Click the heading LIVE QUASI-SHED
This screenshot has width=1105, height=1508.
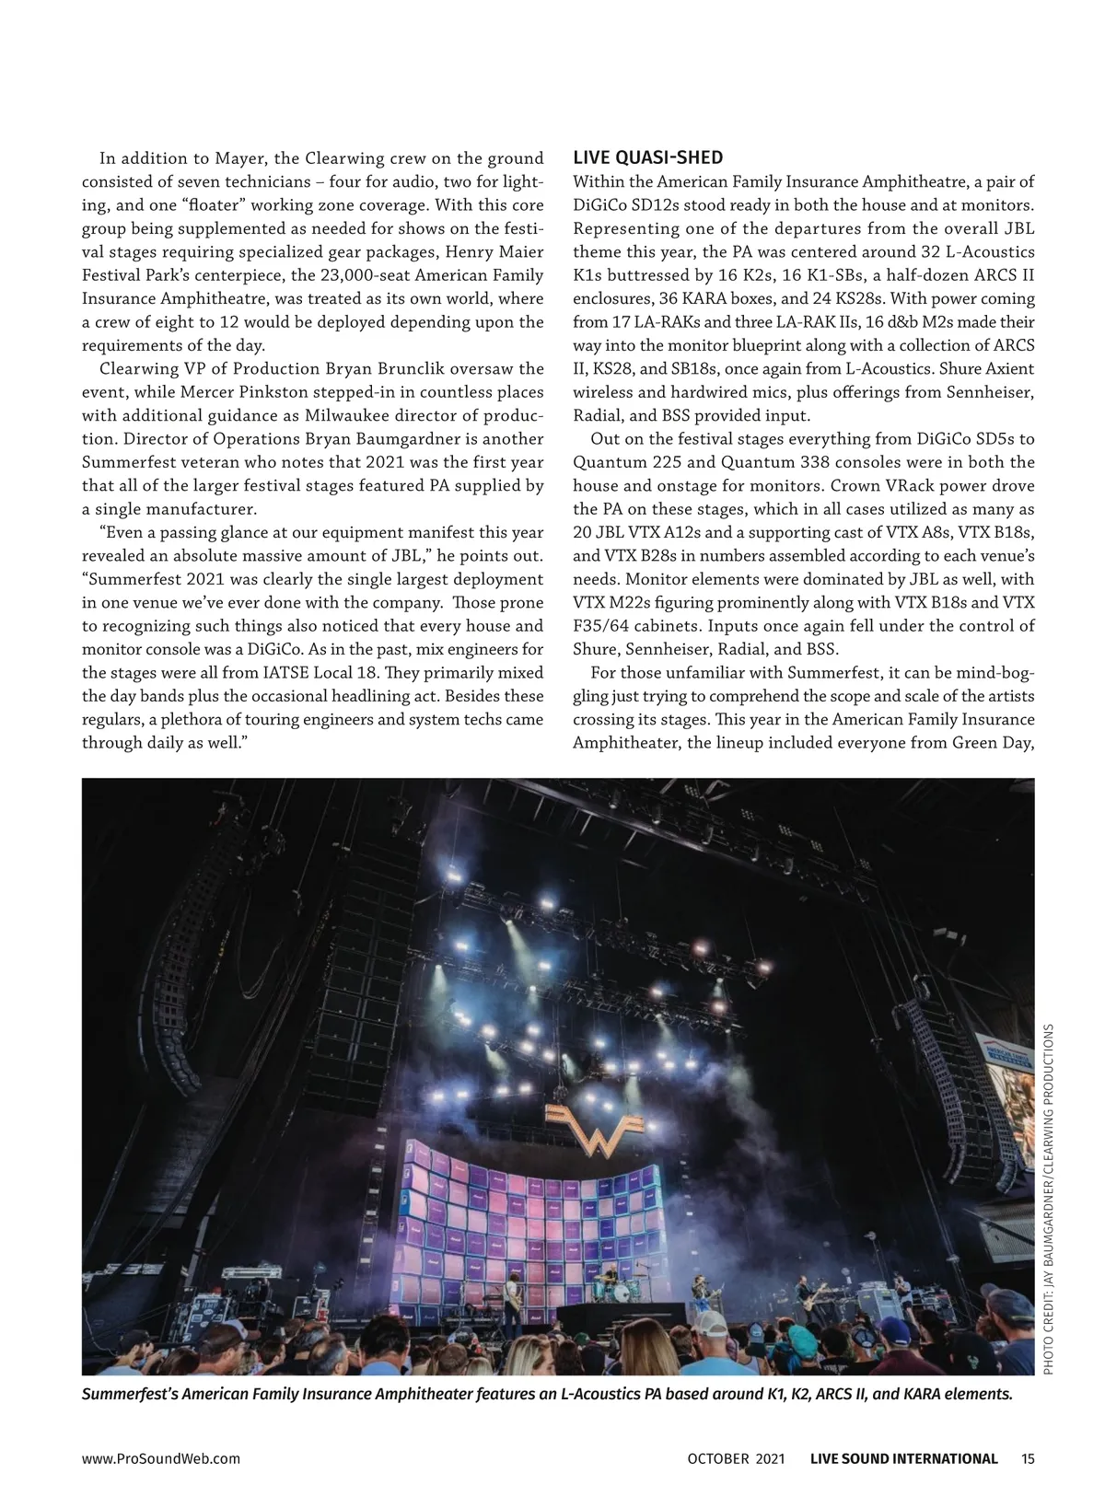pos(647,157)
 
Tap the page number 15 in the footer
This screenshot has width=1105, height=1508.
pos(1029,1458)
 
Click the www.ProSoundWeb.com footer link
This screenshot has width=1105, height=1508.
pos(161,1458)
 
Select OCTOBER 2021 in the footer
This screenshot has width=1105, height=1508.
pos(736,1458)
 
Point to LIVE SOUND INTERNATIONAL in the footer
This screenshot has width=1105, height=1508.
pos(903,1458)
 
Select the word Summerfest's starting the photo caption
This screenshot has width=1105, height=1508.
pos(130,1394)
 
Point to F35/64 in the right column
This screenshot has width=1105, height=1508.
pos(604,626)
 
